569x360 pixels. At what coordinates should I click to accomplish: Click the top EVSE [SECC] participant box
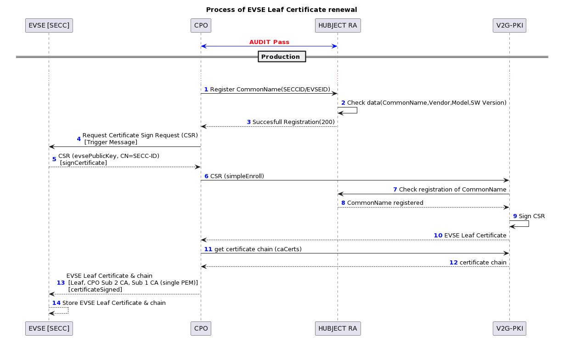49,25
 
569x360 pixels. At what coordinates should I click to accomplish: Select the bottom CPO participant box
201,328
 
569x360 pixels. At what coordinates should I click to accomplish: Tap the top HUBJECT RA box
338,25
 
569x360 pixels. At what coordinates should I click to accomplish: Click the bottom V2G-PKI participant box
510,328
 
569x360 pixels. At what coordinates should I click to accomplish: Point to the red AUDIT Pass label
269,42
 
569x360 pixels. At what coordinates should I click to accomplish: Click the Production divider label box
282,56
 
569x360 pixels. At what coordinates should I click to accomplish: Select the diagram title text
282,10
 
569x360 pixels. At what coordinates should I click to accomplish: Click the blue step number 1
206,90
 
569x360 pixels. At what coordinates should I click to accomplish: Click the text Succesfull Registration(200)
293,122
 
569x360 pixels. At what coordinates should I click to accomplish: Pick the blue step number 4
79,139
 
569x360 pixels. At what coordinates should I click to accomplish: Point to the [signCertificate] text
84,163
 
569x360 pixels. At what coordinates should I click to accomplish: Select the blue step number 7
395,190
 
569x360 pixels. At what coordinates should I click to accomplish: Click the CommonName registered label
385,203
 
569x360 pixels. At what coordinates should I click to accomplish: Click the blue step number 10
438,236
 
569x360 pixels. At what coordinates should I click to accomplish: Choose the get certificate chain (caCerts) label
258,249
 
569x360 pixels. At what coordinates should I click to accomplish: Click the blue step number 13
61,283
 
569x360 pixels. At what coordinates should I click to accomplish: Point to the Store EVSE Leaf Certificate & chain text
114,303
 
